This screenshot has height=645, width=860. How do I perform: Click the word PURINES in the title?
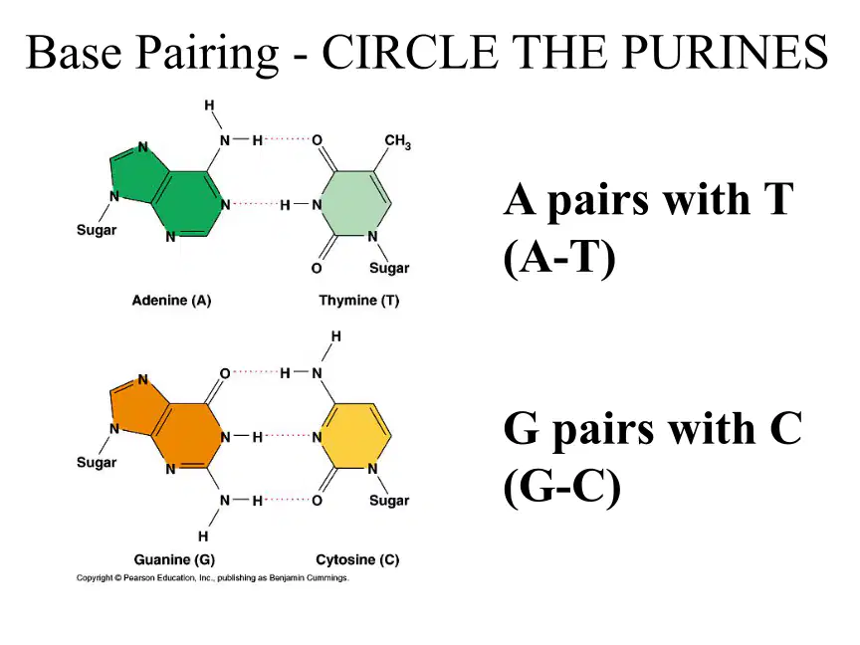pos(725,52)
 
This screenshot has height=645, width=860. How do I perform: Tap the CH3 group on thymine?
pos(397,141)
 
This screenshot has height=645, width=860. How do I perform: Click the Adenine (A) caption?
pos(171,301)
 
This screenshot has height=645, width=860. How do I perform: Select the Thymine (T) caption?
pos(358,301)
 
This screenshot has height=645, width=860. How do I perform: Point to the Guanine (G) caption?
pos(174,559)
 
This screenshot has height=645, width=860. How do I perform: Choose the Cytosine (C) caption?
pos(357,559)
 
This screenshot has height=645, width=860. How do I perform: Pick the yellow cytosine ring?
pos(355,436)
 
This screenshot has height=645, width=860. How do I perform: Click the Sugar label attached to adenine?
pos(97,230)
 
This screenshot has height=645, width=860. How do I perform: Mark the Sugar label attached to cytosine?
pos(389,501)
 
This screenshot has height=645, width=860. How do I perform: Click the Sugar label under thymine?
pos(389,268)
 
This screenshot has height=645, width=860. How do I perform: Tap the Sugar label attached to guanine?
pos(97,463)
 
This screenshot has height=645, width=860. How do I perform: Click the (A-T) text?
pos(559,258)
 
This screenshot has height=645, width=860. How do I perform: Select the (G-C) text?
pos(562,487)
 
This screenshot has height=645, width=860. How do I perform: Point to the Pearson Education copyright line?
pos(212,577)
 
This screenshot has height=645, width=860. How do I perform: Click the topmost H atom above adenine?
pos(209,105)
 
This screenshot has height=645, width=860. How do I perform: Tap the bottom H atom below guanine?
pos(203,536)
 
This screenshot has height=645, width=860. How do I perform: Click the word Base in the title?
pos(73,52)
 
